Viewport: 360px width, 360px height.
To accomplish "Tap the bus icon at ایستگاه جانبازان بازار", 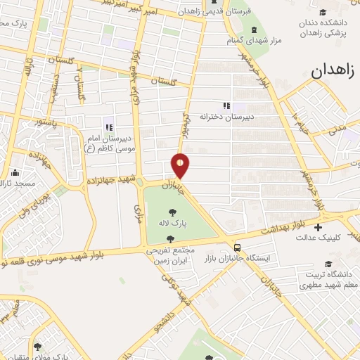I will [x=237, y=247].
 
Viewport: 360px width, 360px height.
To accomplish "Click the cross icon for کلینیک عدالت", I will [x=318, y=227].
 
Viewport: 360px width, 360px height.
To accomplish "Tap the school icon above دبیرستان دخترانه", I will [x=226, y=105].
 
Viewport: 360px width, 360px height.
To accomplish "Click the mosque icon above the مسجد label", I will [x=15, y=171].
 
